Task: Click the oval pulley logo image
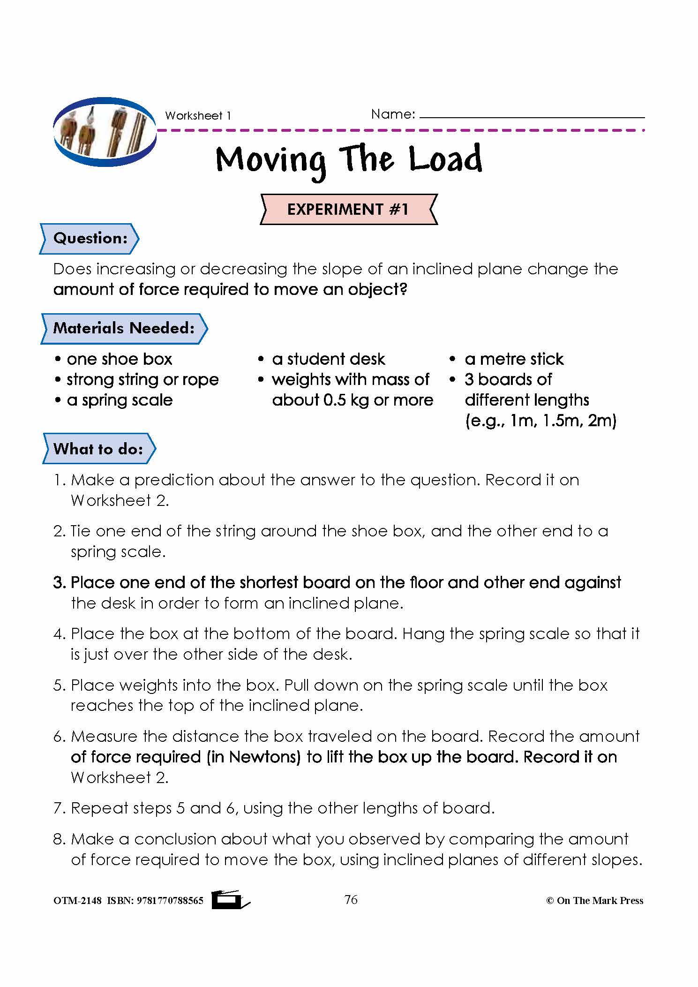pyautogui.click(x=105, y=133)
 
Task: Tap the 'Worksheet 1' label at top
pyautogui.click(x=198, y=116)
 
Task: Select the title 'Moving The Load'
pyautogui.click(x=349, y=160)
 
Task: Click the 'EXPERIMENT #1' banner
pyautogui.click(x=348, y=209)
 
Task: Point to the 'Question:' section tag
pyautogui.click(x=90, y=239)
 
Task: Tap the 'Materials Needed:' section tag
pyautogui.click(x=124, y=328)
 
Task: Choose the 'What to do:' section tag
pyautogui.click(x=98, y=449)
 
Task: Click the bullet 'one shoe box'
pyautogui.click(x=119, y=359)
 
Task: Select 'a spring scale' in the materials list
pyautogui.click(x=120, y=400)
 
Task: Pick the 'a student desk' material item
pyautogui.click(x=328, y=359)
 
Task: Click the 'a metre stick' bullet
pyautogui.click(x=514, y=359)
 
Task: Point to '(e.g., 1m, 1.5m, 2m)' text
pyautogui.click(x=540, y=421)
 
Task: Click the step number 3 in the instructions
pyautogui.click(x=59, y=583)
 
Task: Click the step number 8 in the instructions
pyautogui.click(x=59, y=839)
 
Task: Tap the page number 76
pyautogui.click(x=351, y=900)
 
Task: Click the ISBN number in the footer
pyautogui.click(x=170, y=901)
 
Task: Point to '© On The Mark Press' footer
pyautogui.click(x=594, y=901)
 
